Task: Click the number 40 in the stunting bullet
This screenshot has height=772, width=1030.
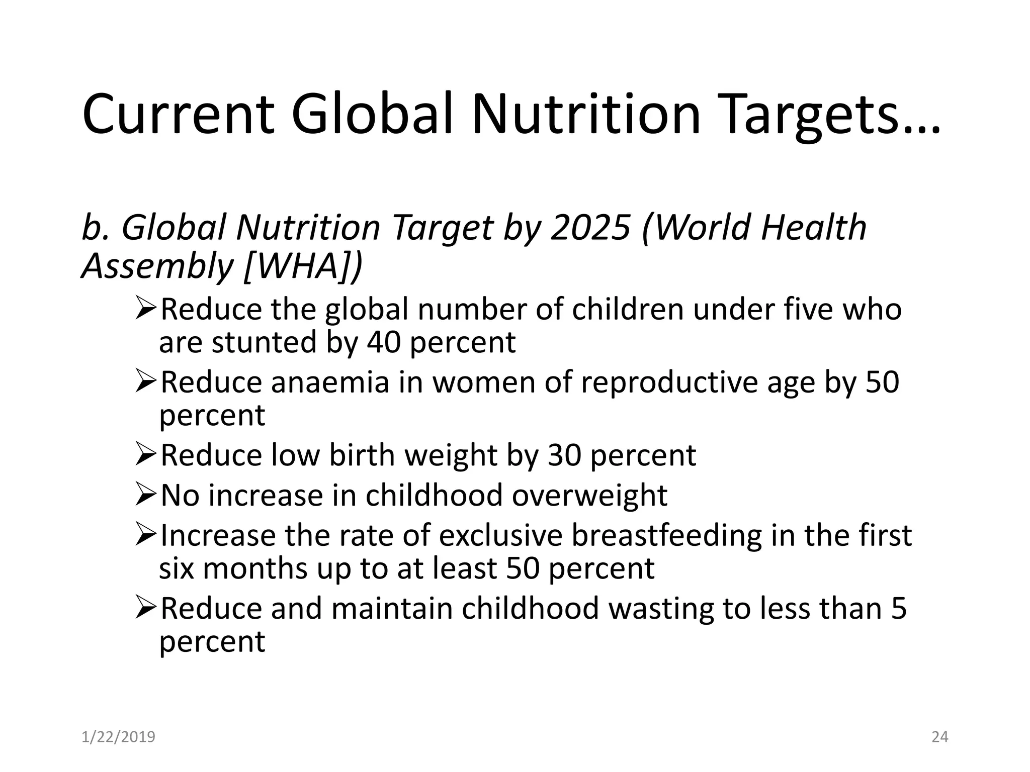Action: pyautogui.click(x=384, y=342)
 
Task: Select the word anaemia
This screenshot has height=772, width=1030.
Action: pyautogui.click(x=330, y=382)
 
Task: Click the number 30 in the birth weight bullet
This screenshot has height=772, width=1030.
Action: pyautogui.click(x=564, y=455)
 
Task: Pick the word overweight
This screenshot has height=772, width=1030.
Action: pyautogui.click(x=589, y=496)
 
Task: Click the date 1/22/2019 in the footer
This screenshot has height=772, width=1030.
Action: pyautogui.click(x=118, y=737)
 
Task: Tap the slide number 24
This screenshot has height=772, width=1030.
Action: pyautogui.click(x=939, y=737)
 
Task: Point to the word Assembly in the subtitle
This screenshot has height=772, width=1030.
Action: pyautogui.click(x=156, y=265)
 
